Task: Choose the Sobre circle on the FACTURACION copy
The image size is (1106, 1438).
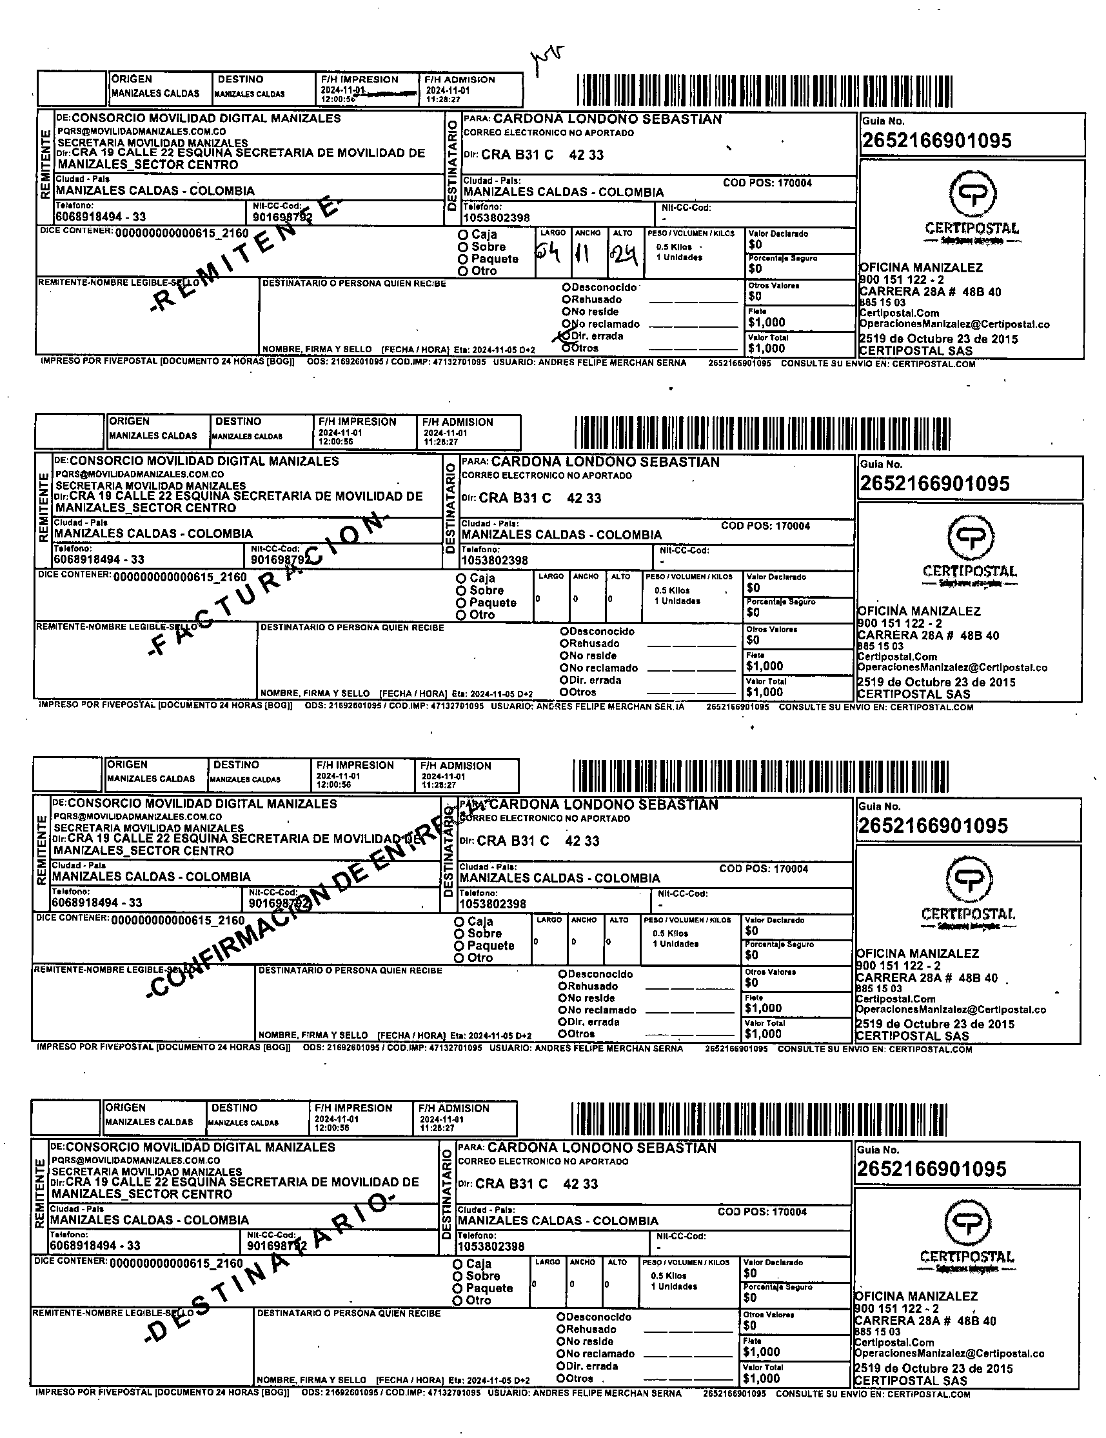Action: click(461, 590)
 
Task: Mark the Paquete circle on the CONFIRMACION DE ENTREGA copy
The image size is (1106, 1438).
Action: click(459, 946)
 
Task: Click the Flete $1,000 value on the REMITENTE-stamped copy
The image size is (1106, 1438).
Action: click(766, 323)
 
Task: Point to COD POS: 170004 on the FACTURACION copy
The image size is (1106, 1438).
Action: click(765, 526)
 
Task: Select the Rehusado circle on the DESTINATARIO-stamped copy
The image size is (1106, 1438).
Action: click(561, 1330)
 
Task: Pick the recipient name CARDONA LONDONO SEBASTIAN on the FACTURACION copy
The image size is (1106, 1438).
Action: click(606, 462)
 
